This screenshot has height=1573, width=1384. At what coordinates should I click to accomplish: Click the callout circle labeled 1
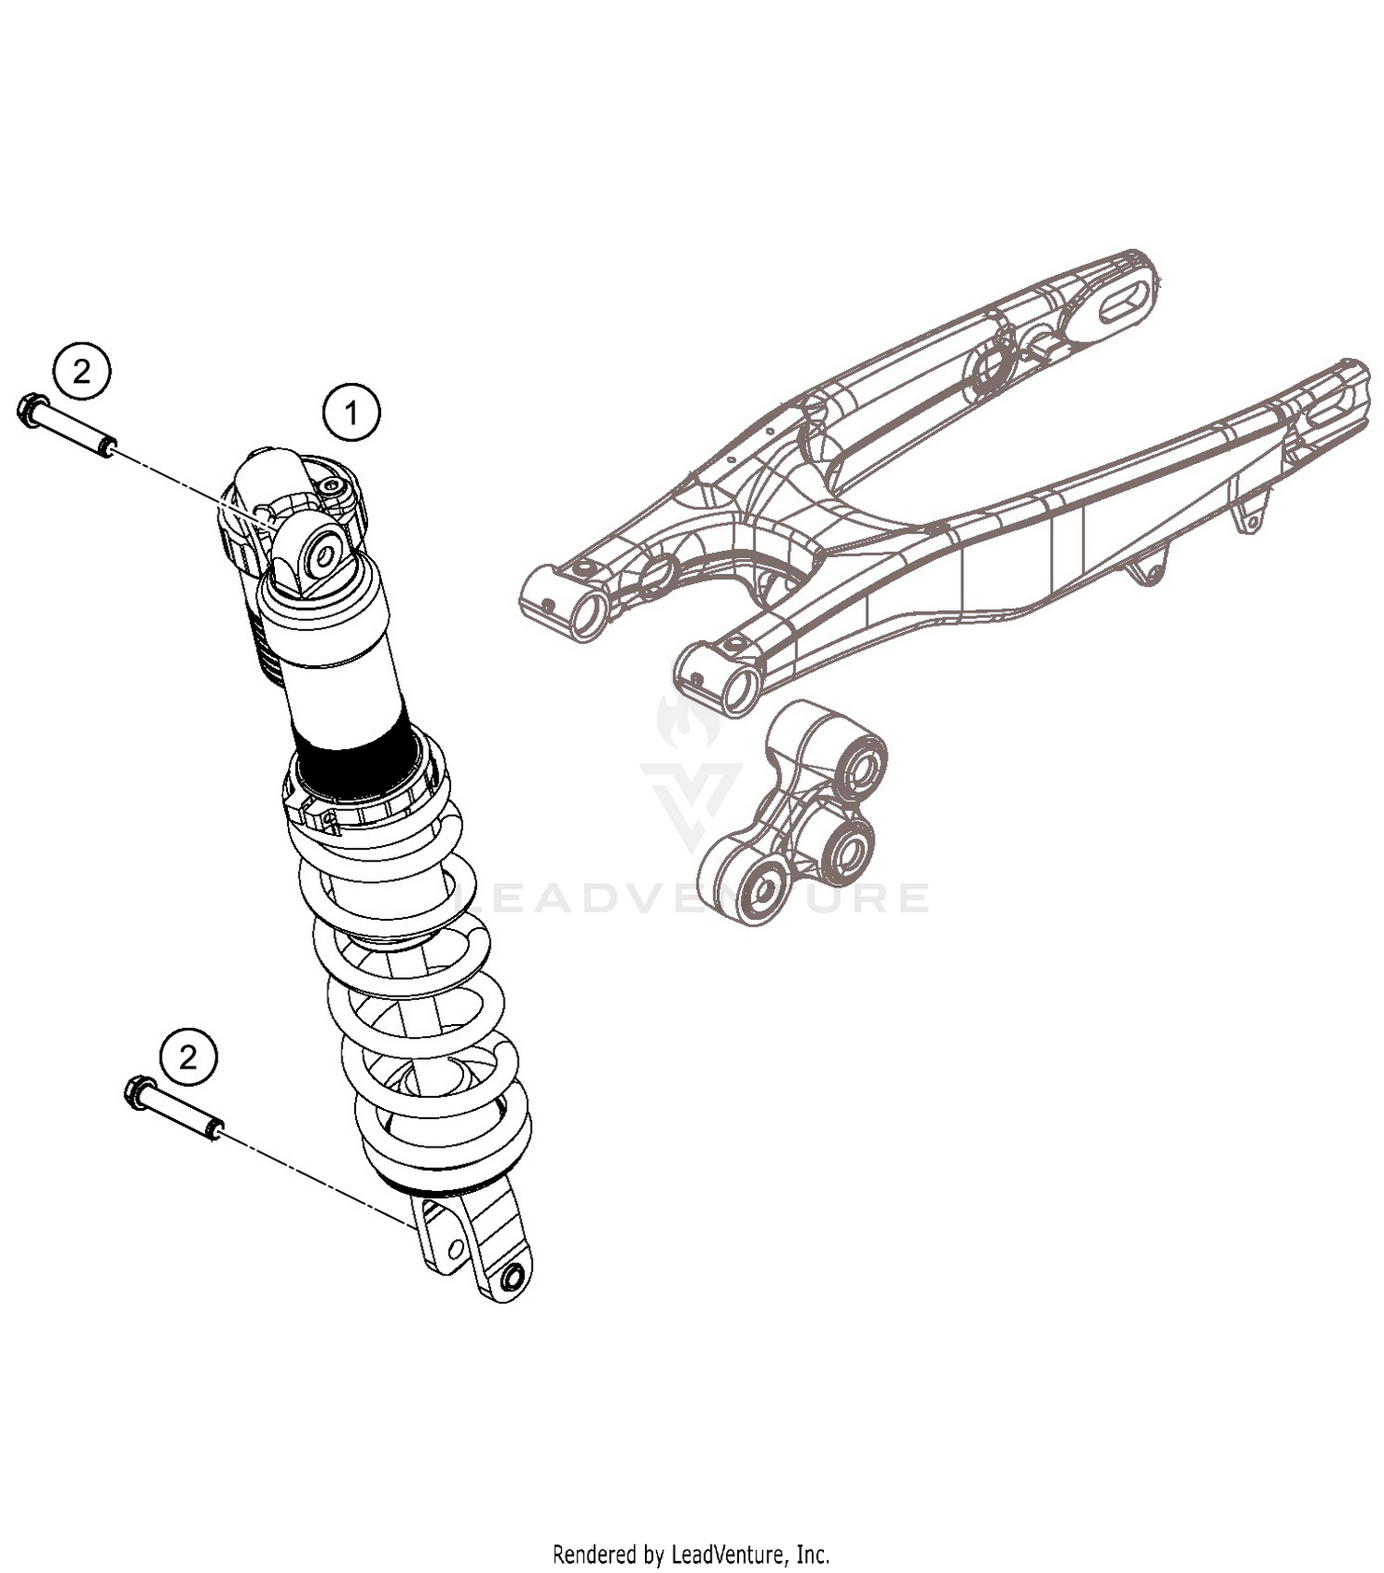pos(351,412)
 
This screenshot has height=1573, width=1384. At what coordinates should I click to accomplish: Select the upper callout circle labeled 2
pos(81,372)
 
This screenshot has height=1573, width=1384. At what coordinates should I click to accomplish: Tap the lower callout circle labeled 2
pos(188,1056)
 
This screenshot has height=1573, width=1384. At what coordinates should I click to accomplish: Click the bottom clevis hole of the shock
pos(512,1277)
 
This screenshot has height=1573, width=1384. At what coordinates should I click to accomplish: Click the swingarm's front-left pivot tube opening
pos(588,615)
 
